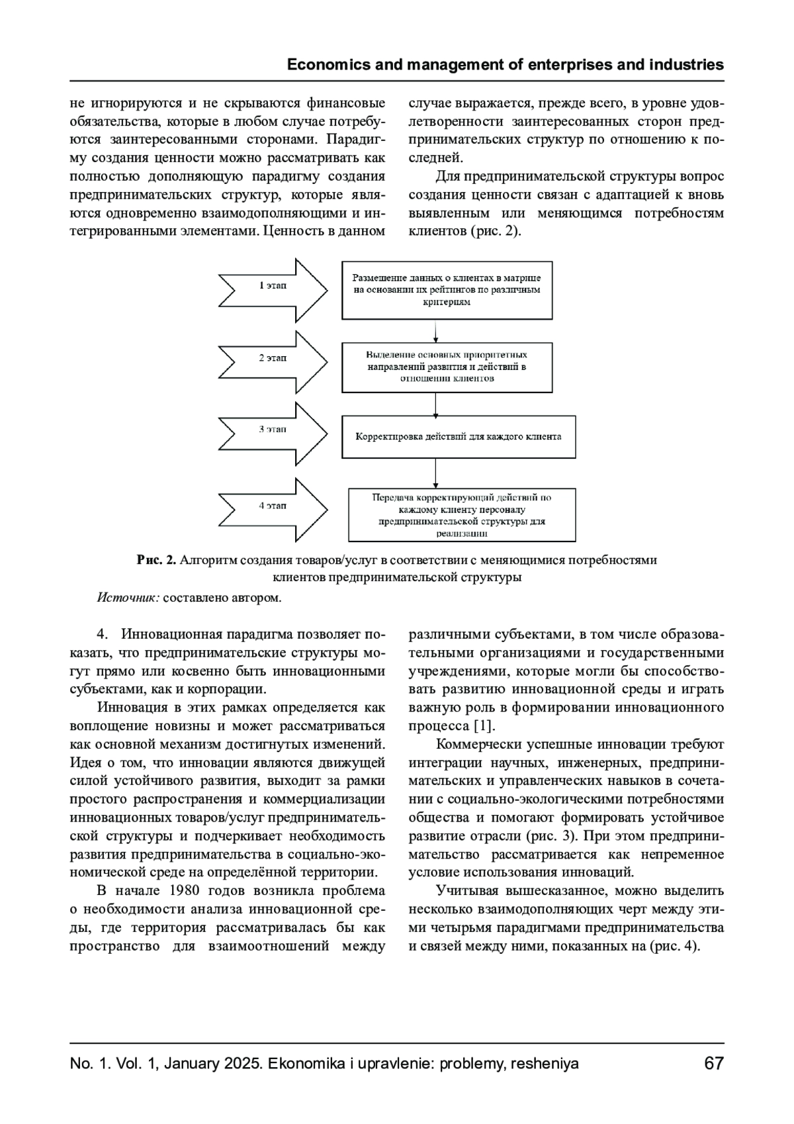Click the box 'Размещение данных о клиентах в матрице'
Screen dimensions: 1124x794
point(447,290)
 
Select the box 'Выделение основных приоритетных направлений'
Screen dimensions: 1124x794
point(447,367)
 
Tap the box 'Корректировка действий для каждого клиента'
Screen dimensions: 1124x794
point(458,437)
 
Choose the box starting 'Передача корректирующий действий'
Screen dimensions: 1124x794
point(461,514)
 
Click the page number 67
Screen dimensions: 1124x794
point(714,1064)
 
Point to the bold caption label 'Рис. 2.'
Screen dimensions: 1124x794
point(157,561)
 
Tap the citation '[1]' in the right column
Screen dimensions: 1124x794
point(484,726)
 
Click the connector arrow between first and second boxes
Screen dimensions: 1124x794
point(435,331)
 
